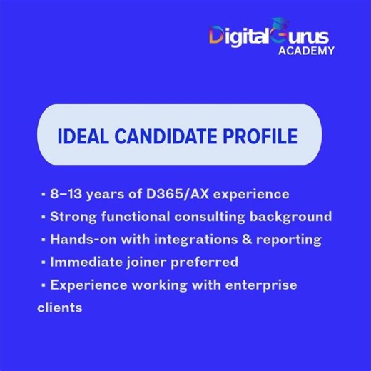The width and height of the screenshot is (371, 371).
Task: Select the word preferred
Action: click(205, 262)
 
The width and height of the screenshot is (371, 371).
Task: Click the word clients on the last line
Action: click(59, 308)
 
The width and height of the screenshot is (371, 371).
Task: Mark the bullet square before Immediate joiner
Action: click(44, 263)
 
